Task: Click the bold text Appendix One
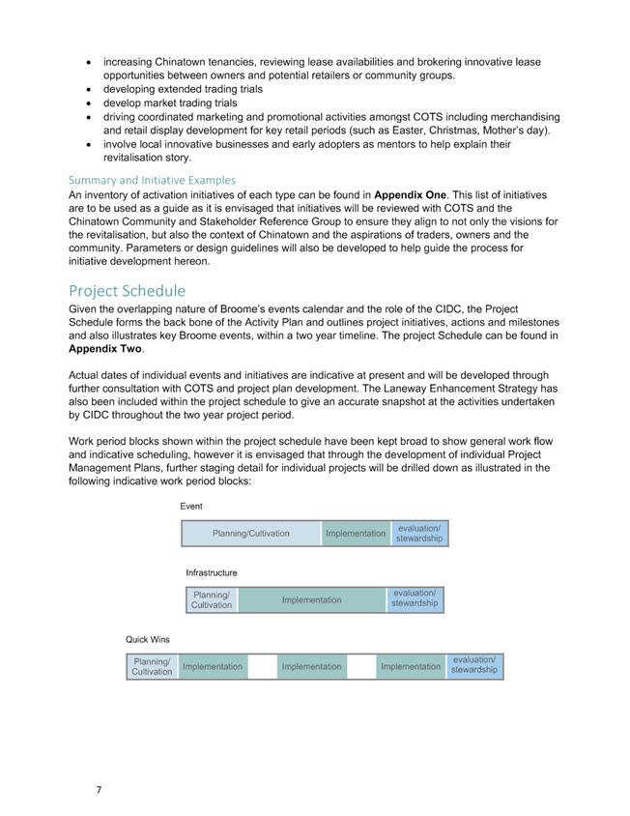[x=411, y=194]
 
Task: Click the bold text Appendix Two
[x=105, y=349]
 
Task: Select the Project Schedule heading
[x=127, y=291]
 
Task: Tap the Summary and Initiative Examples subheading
[x=152, y=180]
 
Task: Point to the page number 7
[x=99, y=790]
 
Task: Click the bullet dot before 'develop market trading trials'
[x=90, y=102]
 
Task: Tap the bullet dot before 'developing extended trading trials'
[x=90, y=89]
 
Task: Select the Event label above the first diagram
[x=191, y=506]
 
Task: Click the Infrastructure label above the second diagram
[x=212, y=572]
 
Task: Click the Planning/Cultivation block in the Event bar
[x=251, y=534]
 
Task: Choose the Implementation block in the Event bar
[x=356, y=534]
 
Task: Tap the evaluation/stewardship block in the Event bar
[x=419, y=534]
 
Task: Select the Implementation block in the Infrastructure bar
[x=311, y=600]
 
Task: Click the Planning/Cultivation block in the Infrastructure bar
[x=212, y=600]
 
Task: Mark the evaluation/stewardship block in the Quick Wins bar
[x=474, y=666]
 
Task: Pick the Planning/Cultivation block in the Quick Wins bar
[x=152, y=666]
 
